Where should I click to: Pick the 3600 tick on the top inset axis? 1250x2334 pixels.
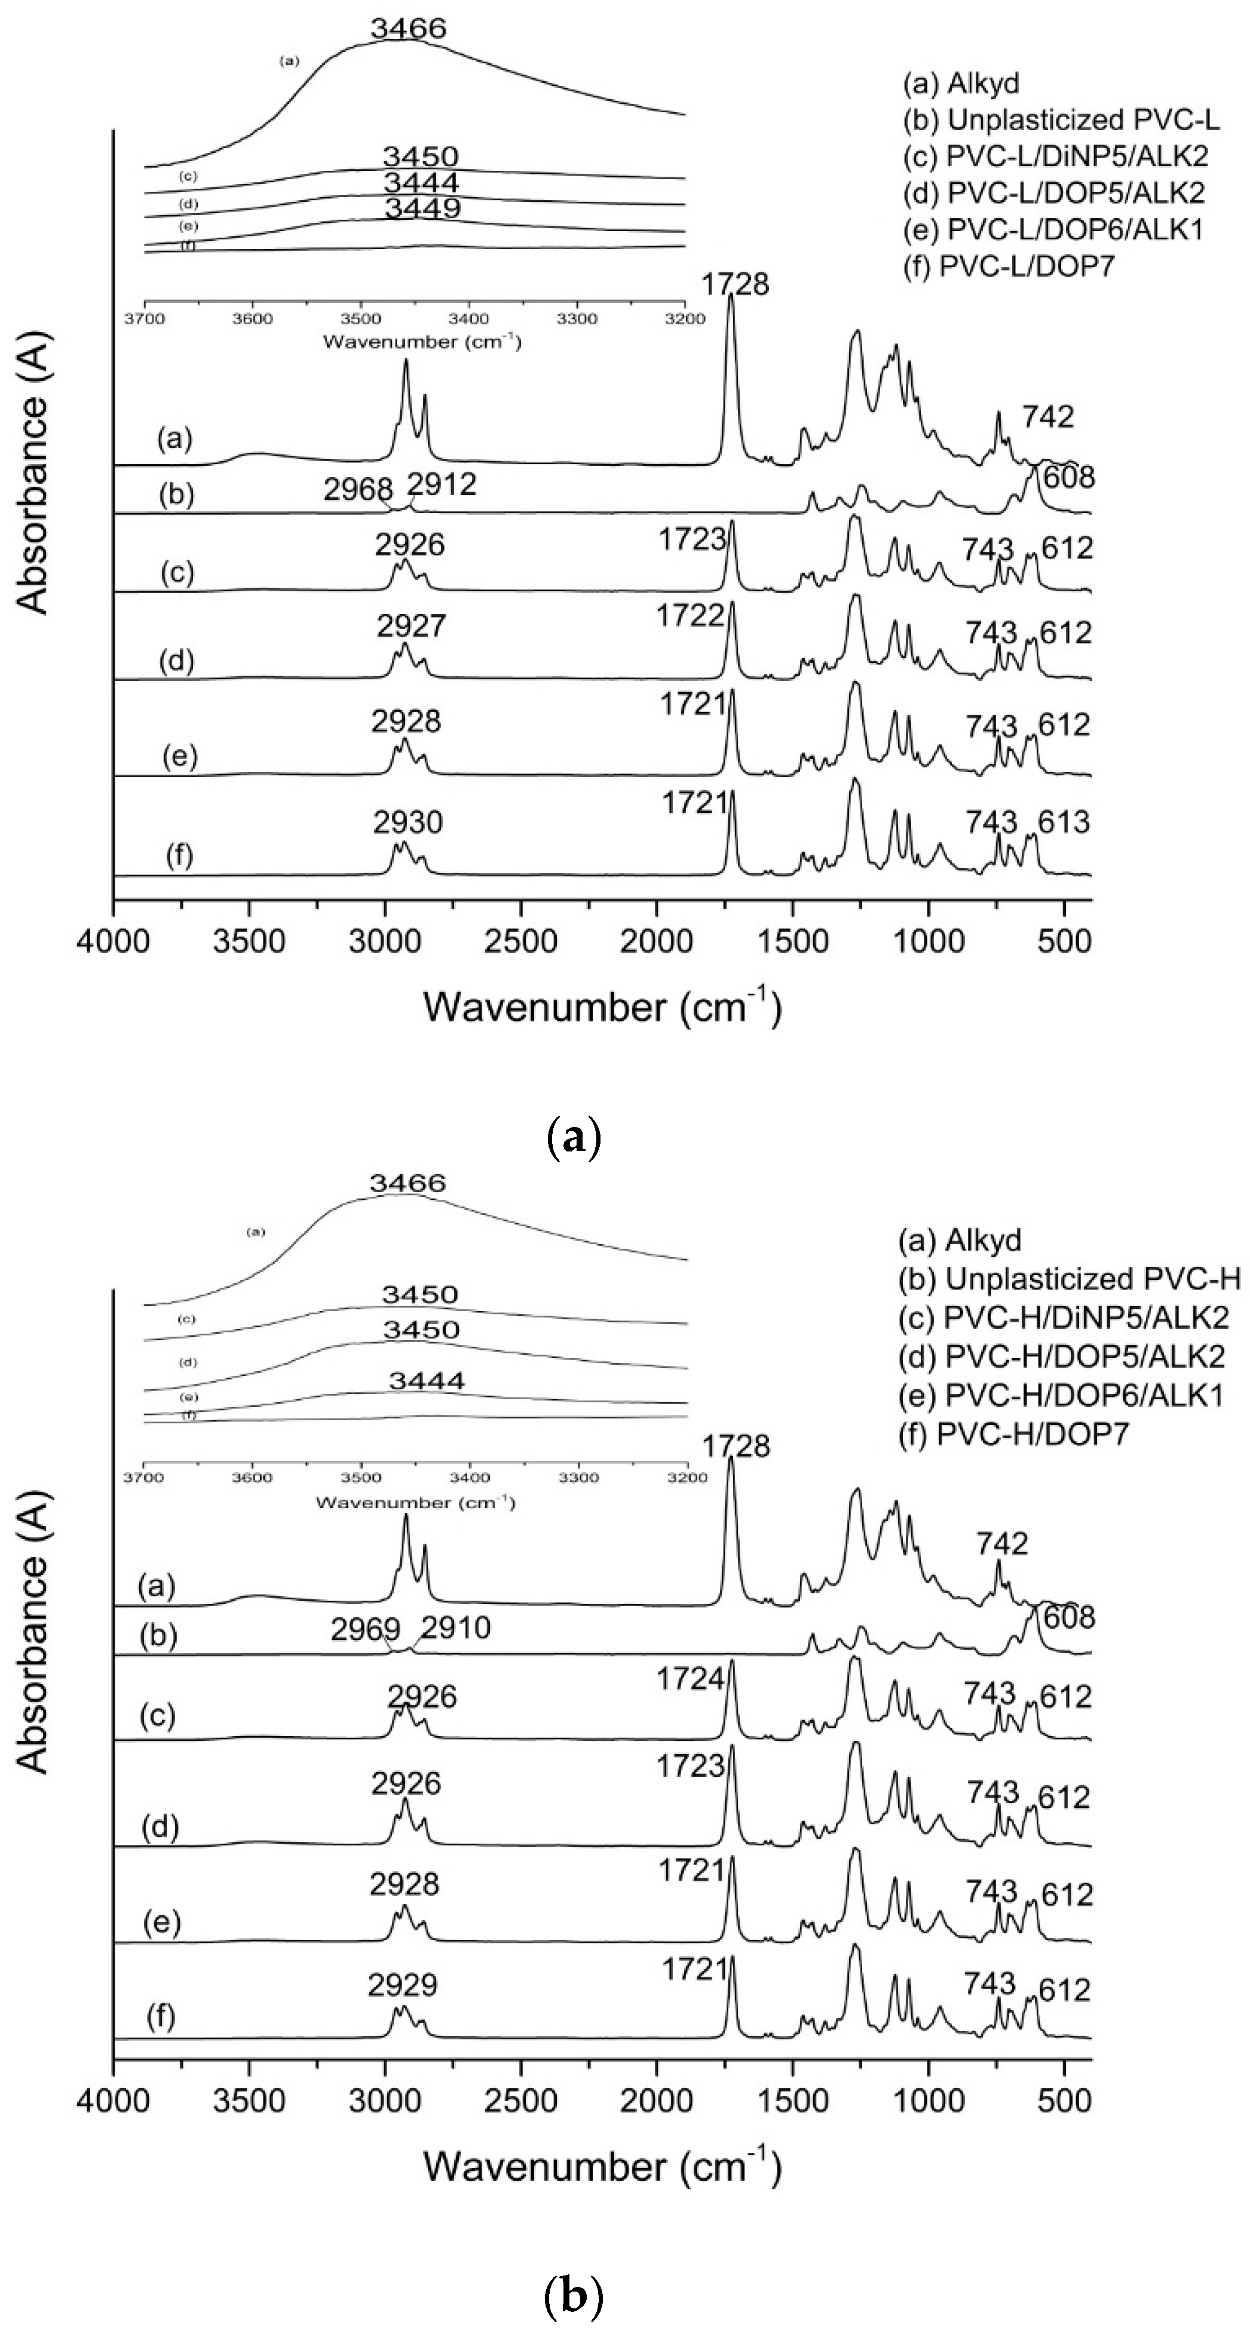(252, 319)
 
